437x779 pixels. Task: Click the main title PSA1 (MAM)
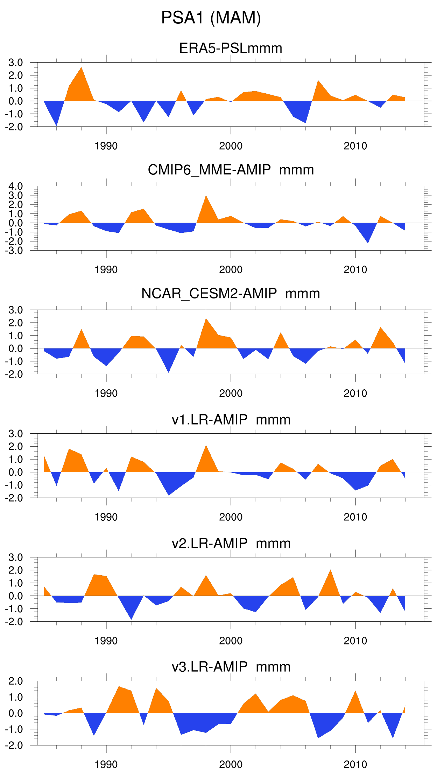coord(211,17)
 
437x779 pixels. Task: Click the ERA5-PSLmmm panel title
coord(231,48)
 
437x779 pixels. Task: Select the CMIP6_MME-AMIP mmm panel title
coord(231,170)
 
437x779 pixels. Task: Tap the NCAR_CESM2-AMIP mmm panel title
coord(231,294)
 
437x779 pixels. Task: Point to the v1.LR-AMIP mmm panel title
coord(231,419)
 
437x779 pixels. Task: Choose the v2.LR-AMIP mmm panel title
coord(231,543)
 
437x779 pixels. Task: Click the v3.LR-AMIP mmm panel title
coord(231,667)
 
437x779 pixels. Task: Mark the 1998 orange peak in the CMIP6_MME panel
coord(206,197)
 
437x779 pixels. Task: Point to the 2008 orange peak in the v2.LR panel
coord(330,572)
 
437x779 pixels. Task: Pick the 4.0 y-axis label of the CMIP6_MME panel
coord(16,186)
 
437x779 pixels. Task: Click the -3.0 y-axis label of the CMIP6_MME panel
coord(14,251)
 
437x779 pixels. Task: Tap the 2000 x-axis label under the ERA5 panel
coord(231,146)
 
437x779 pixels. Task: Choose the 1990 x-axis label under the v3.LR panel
coord(106,764)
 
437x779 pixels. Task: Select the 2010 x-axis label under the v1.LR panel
coord(355,517)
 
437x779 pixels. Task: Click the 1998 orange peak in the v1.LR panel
coord(206,448)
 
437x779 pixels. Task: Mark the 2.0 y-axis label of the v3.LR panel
coord(16,681)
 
